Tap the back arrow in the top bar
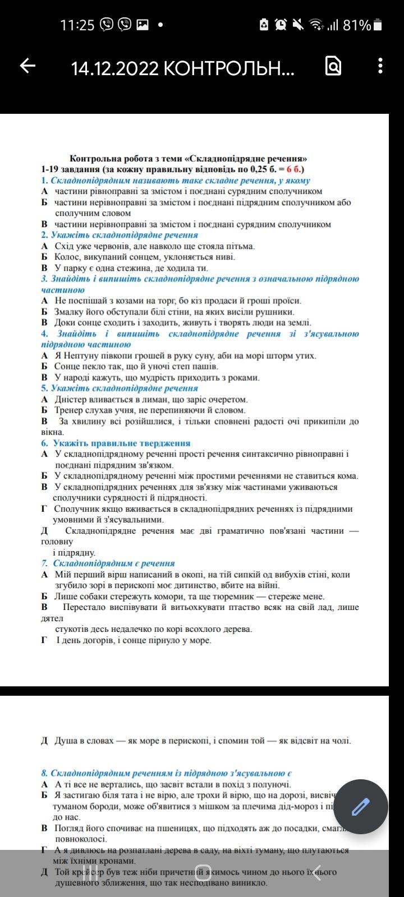click(x=27, y=66)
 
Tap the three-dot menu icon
click(x=380, y=66)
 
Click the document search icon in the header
click(x=333, y=66)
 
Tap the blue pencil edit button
click(x=360, y=807)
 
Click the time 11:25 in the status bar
click(x=77, y=25)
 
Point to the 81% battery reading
click(x=356, y=25)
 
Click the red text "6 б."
click(x=293, y=169)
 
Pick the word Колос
click(x=66, y=257)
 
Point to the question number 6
click(x=44, y=443)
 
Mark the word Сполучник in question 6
click(x=76, y=509)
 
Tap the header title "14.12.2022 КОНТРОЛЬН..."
click(x=182, y=68)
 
